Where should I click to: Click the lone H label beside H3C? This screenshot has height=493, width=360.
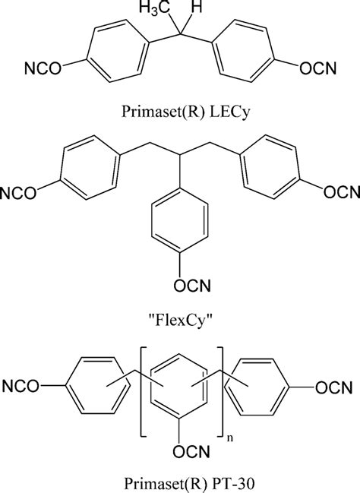coord(197,7)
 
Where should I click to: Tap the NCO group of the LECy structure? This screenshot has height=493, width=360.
coord(43,68)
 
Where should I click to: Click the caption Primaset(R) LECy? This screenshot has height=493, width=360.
coord(186,112)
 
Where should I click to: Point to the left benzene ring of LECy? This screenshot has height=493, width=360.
coord(117,51)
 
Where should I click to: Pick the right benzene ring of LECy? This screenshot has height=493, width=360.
coord(243,51)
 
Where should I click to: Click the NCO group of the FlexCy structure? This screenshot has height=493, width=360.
coord(18,193)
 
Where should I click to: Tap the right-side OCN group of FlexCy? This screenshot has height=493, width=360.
coord(342,192)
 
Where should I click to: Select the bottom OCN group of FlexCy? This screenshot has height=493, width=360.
coord(192,286)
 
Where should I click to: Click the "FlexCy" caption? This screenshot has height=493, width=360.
coord(180,321)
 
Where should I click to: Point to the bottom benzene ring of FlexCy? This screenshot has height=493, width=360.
coord(180,220)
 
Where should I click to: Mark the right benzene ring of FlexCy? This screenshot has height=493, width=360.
coord(271,167)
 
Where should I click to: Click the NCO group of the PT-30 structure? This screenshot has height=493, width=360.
coord(21,387)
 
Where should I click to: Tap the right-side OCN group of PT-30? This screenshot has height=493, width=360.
coord(334,387)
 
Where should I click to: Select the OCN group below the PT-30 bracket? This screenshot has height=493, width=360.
coord(191,452)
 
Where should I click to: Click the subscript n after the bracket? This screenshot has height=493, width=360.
coord(230,438)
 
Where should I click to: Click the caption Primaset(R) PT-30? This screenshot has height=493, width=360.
coord(188,484)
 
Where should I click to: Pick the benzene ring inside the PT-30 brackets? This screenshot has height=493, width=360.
coord(179,387)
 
